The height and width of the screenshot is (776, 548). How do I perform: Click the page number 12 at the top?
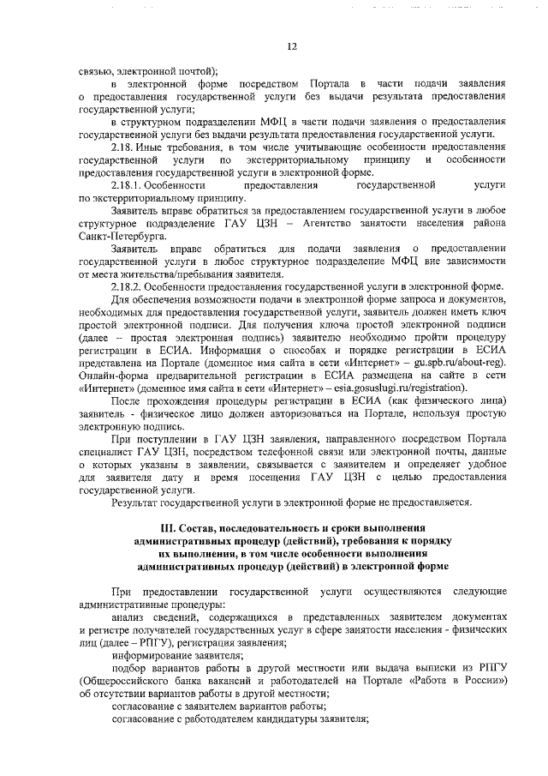click(x=291, y=46)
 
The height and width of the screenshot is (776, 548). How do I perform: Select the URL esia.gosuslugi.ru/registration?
click(x=392, y=388)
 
